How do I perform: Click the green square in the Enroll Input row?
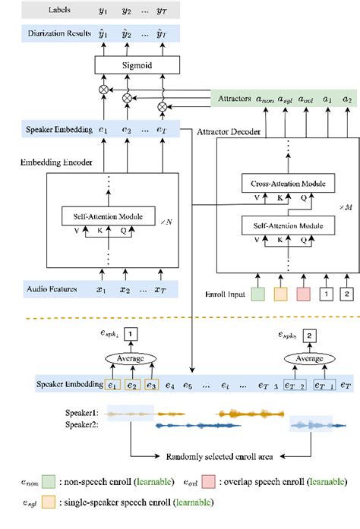click(257, 292)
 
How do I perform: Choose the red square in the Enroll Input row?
click(305, 292)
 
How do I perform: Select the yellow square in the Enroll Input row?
click(281, 292)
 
